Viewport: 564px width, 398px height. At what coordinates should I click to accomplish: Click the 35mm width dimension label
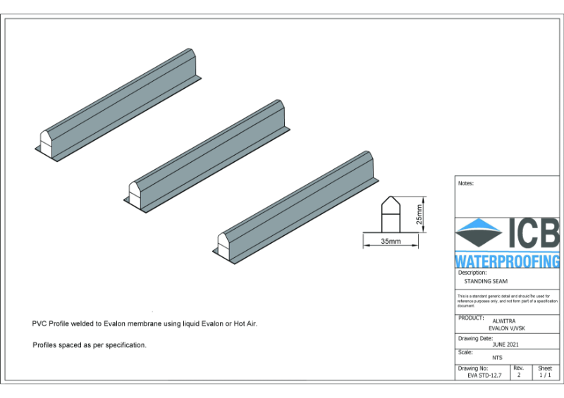[391, 241]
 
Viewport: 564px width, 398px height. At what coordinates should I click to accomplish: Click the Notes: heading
[465, 183]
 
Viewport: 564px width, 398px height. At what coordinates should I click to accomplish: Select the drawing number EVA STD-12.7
[484, 375]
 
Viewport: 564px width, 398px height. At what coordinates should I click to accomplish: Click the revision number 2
[518, 375]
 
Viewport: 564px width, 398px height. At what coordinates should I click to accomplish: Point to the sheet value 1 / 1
[545, 375]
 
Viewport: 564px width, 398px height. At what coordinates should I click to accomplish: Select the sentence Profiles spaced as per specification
[90, 345]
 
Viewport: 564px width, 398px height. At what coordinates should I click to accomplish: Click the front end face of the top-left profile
[44, 143]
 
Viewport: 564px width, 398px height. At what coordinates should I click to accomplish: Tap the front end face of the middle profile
[133, 192]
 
